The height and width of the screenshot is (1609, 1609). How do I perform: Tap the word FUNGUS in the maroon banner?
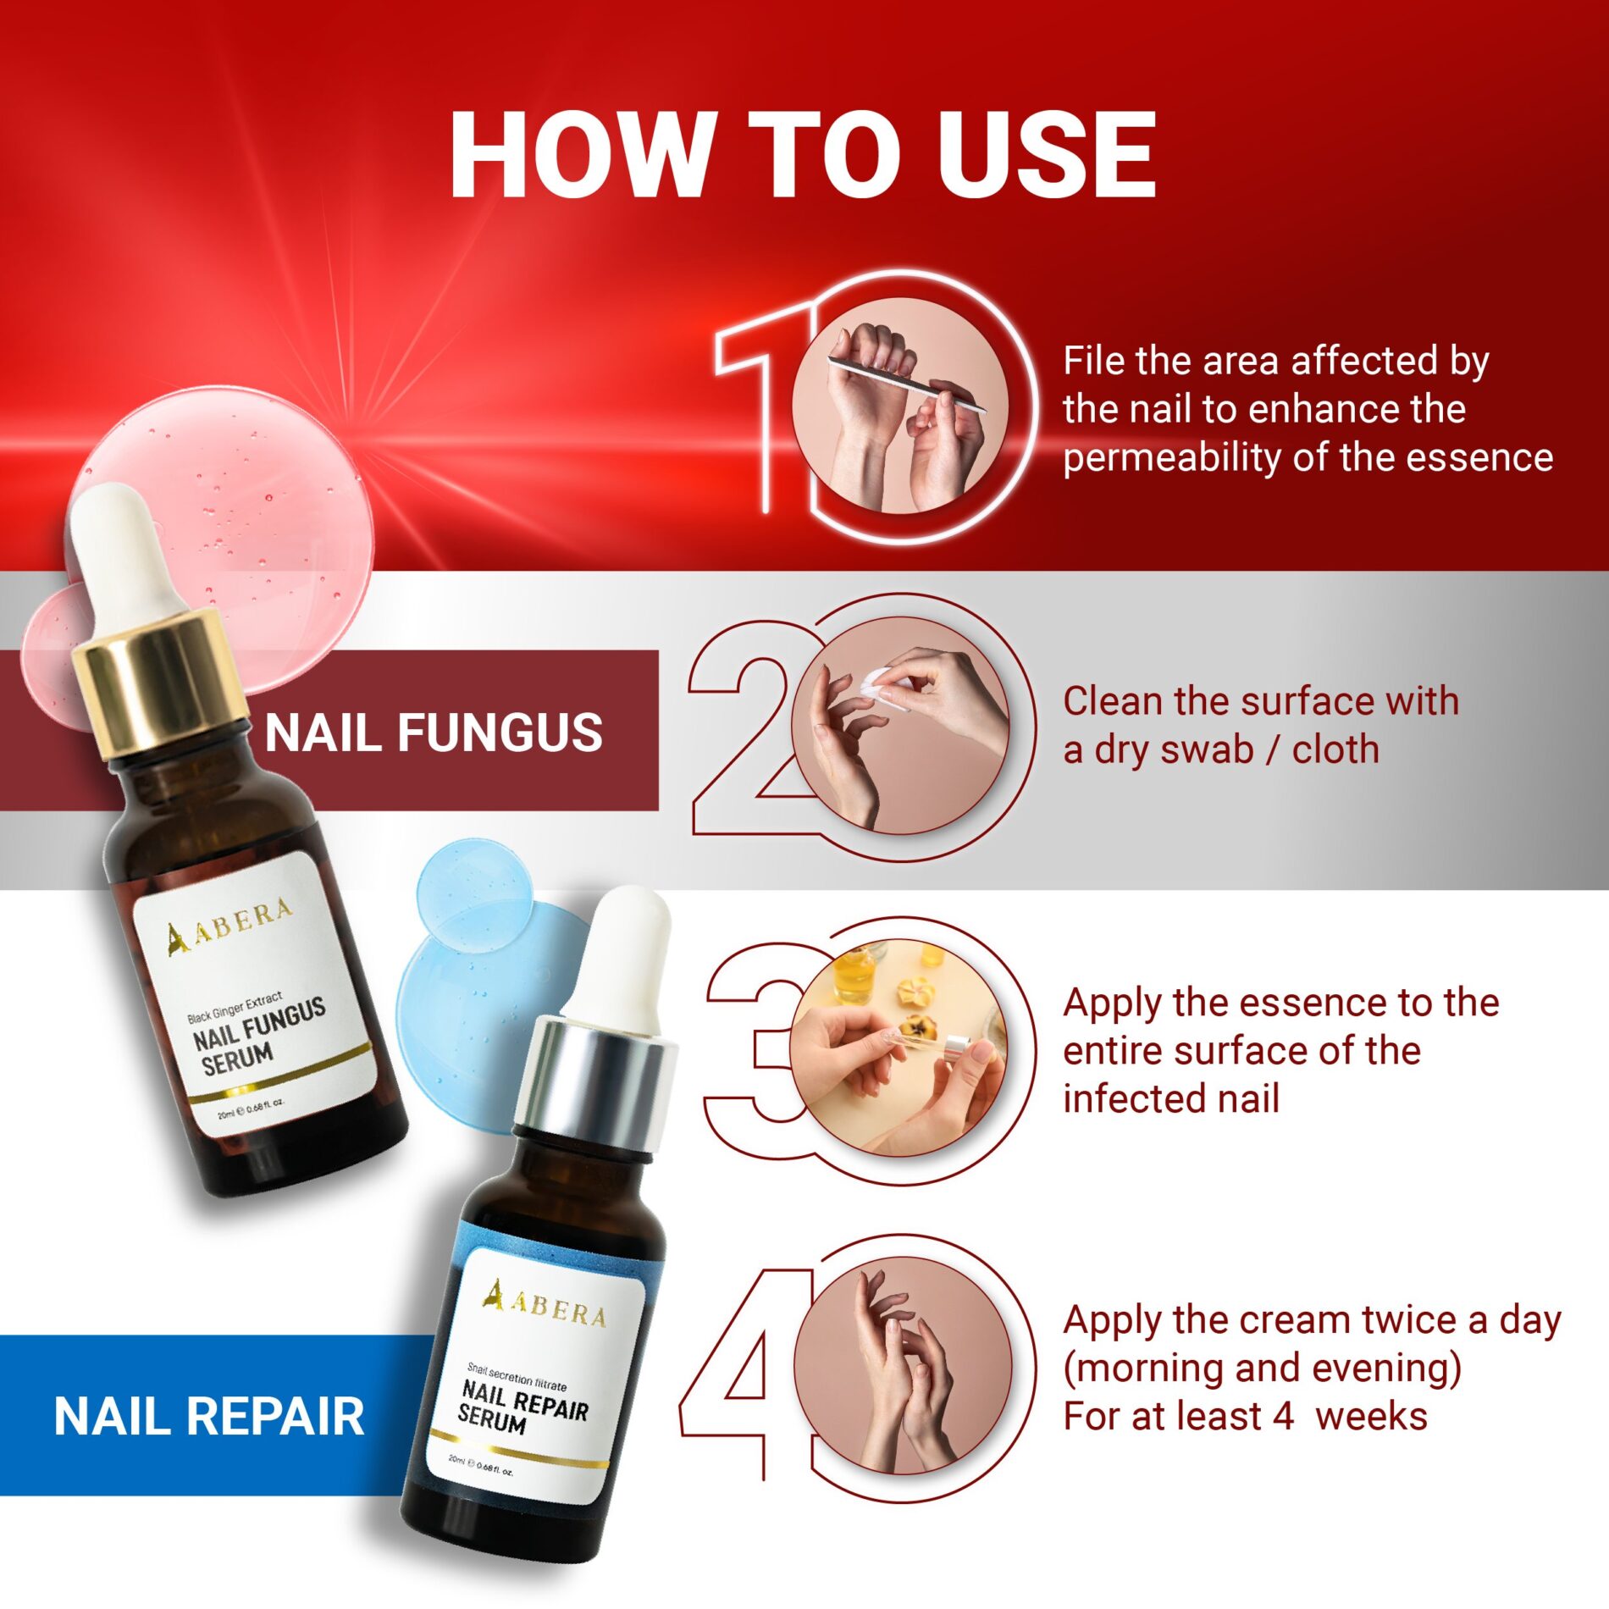pos(500,733)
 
